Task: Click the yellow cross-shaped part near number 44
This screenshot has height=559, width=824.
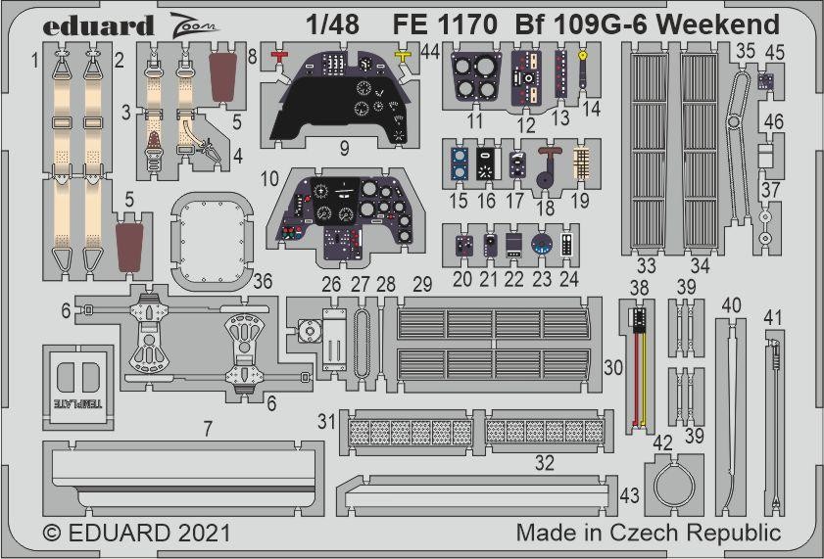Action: (x=403, y=58)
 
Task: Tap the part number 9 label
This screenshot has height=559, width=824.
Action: (x=343, y=149)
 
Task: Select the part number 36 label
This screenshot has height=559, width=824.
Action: (x=263, y=281)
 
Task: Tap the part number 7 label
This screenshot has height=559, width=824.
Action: (x=208, y=428)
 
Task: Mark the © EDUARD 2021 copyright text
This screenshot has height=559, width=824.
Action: (x=137, y=534)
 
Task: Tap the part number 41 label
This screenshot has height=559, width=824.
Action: (x=775, y=317)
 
